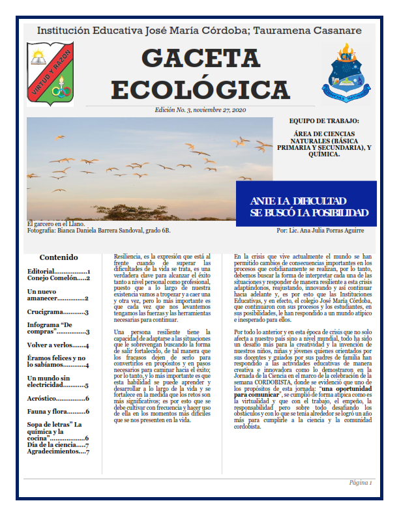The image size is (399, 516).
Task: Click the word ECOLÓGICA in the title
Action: (x=199, y=86)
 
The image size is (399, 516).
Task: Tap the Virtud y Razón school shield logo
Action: (x=50, y=72)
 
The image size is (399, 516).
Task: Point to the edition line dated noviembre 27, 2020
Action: (x=200, y=110)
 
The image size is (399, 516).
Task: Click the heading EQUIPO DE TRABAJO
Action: (x=323, y=121)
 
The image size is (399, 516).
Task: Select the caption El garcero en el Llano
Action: (x=56, y=223)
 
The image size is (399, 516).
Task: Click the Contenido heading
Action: (x=59, y=257)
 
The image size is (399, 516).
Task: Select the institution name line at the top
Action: (x=199, y=31)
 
